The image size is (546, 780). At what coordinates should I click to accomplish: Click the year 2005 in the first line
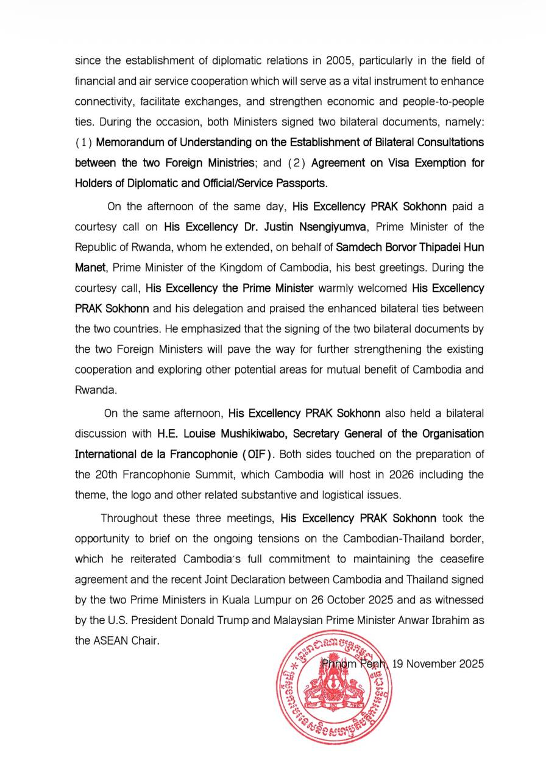(x=323, y=60)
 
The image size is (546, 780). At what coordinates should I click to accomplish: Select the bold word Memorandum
(x=127, y=142)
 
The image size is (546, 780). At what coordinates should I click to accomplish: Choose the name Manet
(x=89, y=268)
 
